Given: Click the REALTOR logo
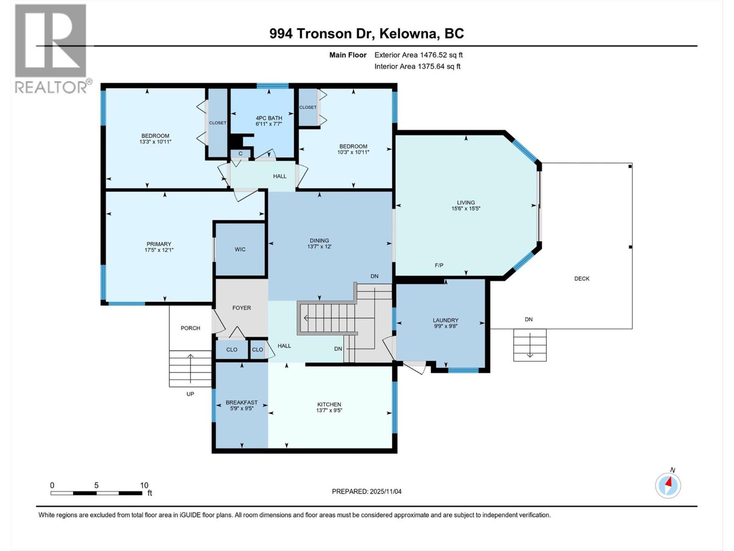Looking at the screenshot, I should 50,48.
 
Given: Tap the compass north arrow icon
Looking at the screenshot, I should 668,485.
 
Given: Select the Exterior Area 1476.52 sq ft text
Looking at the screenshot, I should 418,55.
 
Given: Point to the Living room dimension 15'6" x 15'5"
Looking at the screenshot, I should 466,208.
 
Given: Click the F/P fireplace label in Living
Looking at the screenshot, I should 439,265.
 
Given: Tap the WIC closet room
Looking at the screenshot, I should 240,249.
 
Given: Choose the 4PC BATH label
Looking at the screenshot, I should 269,118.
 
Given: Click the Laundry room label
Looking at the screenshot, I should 445,320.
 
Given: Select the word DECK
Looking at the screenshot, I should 582,279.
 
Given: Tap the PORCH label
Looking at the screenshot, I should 190,328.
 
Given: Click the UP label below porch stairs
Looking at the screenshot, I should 190,394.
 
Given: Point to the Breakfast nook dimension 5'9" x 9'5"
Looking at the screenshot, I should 242,408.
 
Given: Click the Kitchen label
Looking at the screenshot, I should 329,405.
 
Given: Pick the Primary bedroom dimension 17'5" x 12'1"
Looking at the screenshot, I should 159,250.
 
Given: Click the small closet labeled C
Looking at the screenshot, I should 240,153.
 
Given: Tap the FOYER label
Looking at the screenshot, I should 241,308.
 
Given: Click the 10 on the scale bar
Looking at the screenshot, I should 144,485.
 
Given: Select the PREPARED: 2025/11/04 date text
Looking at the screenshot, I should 367,491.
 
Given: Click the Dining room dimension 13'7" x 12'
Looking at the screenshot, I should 319,247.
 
